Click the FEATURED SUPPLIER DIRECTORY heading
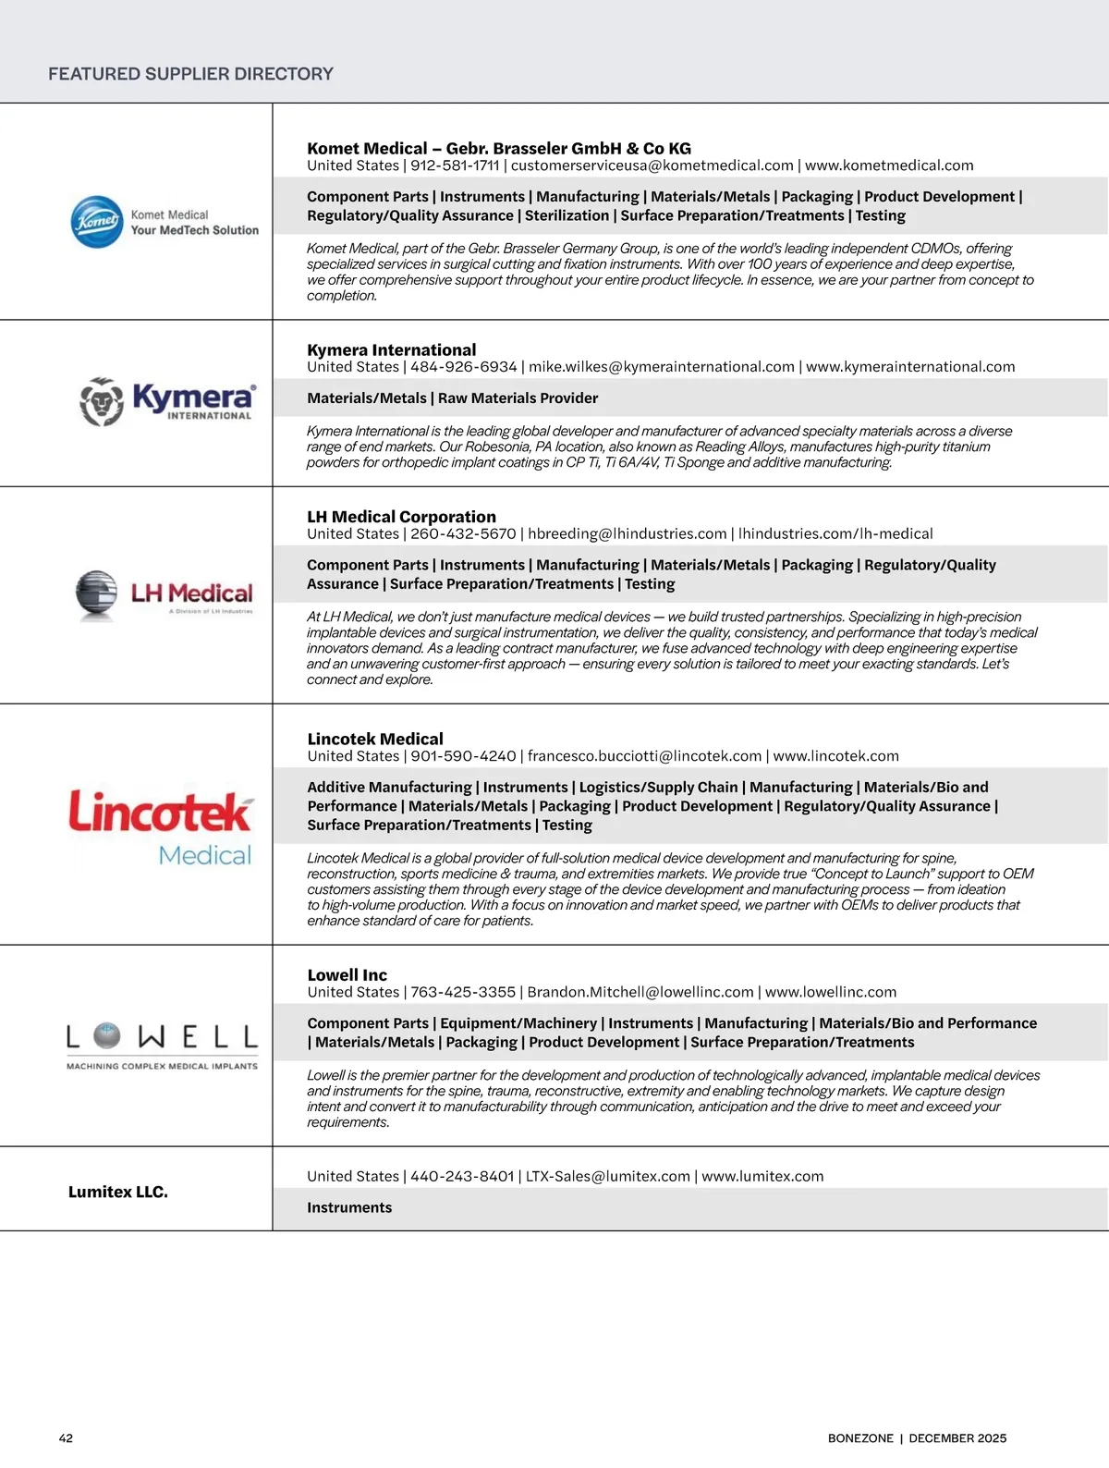point(190,74)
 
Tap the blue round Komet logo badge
point(97,222)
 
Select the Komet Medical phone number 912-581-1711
point(455,165)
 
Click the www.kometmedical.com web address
point(889,165)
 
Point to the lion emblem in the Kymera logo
point(102,402)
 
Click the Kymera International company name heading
point(392,350)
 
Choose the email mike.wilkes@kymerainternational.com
point(662,367)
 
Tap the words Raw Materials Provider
point(518,398)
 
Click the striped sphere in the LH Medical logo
point(96,593)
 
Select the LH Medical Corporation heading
point(401,517)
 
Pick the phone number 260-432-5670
point(463,533)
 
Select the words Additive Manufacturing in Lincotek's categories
point(389,788)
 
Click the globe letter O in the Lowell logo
point(107,1037)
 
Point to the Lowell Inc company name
point(347,975)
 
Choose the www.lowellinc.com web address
point(831,992)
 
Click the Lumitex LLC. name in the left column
point(118,1193)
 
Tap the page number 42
point(66,1438)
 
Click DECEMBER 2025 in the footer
point(957,1438)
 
